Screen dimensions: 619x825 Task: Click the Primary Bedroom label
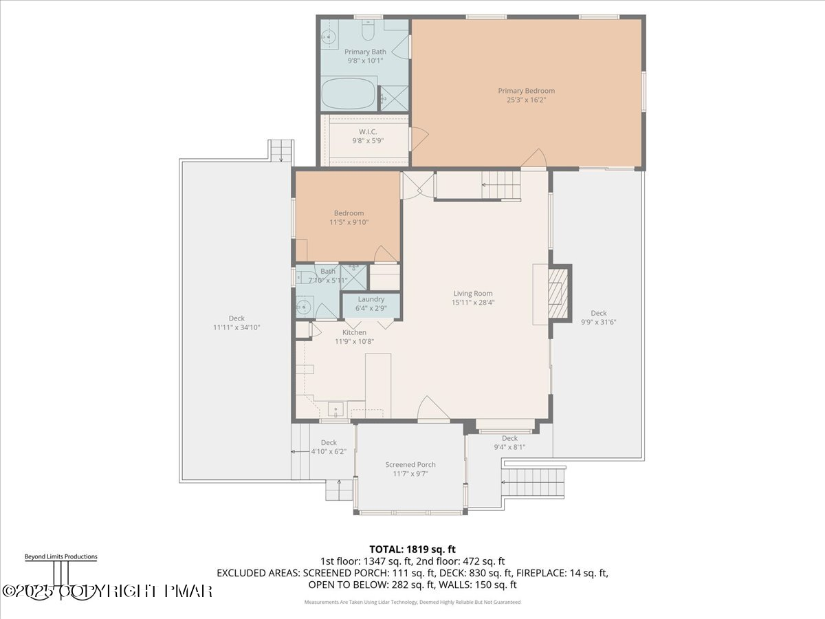pos(526,91)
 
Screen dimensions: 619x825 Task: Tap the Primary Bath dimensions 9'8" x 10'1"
pos(365,61)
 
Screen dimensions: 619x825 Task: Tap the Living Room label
pos(472,294)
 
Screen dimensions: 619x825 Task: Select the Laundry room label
pos(371,299)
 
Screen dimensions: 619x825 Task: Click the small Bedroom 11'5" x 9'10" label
pos(349,213)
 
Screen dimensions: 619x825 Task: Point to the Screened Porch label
pos(410,465)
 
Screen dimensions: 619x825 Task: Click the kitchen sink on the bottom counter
pos(335,409)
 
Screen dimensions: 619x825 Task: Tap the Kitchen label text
pos(354,333)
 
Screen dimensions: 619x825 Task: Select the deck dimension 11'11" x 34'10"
pos(236,327)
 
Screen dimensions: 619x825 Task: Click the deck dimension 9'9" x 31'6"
pos(598,322)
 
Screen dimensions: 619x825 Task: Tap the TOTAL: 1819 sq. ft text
pos(412,549)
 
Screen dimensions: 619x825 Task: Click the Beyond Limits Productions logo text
pos(60,556)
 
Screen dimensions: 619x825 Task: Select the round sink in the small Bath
pos(303,307)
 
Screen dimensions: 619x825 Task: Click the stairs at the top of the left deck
pos(281,150)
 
